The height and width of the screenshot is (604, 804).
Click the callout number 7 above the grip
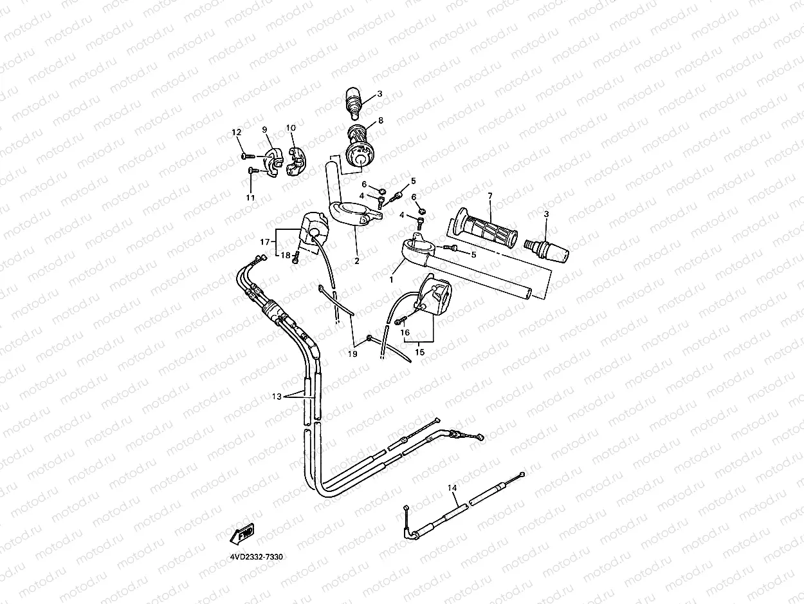489,195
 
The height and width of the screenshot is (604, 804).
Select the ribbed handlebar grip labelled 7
486,229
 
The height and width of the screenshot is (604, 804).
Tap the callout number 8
380,120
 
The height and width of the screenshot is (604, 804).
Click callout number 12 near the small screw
236,132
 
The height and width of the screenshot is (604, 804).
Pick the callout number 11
250,197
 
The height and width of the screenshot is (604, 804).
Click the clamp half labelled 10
297,160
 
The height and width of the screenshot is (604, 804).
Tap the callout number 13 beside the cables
277,397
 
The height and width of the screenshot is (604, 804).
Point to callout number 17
264,242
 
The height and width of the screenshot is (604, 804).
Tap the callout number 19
352,354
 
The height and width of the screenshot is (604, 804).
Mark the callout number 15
419,352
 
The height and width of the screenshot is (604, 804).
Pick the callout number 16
405,332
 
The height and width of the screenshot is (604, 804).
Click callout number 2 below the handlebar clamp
356,261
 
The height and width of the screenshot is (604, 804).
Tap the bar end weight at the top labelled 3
354,100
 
